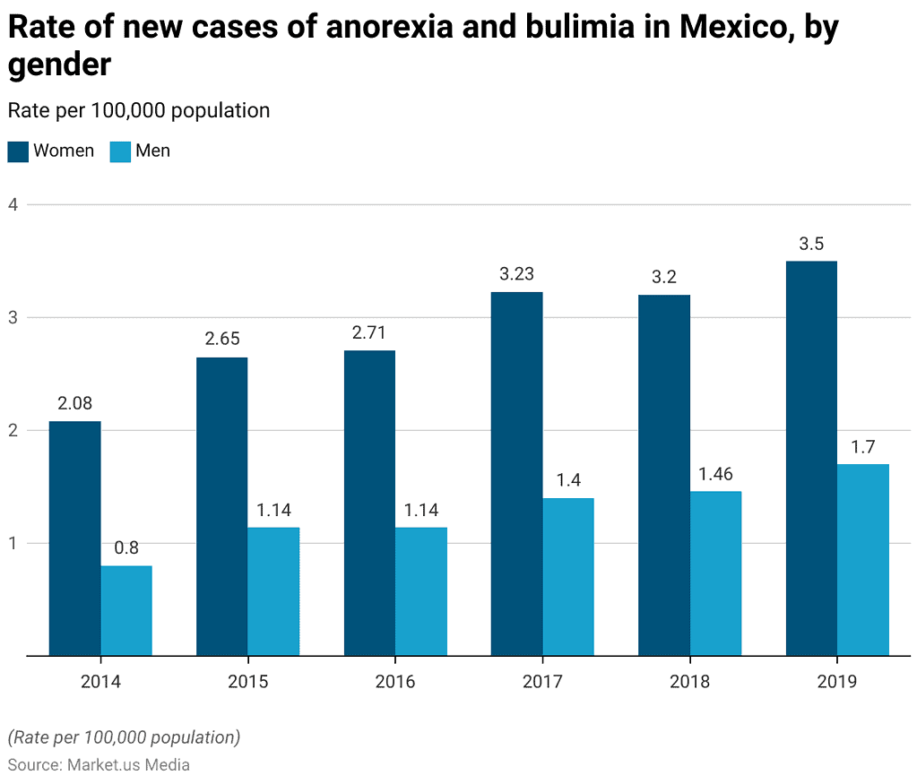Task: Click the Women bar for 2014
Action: click(74, 538)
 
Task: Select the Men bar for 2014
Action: click(126, 610)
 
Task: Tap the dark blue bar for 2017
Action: click(516, 473)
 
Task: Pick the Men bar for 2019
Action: click(863, 559)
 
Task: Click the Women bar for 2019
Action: click(811, 458)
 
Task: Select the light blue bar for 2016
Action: click(421, 591)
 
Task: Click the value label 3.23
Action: click(516, 274)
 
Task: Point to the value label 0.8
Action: click(126, 547)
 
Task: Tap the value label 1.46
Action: click(715, 473)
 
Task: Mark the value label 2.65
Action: click(221, 340)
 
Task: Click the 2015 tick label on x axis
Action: click(247, 682)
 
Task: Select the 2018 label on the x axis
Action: click(689, 682)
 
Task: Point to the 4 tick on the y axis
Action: click(13, 204)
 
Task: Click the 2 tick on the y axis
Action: click(13, 430)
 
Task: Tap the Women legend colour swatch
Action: click(18, 151)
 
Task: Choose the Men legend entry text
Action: click(152, 151)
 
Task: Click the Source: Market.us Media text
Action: click(99, 764)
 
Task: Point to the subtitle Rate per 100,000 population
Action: click(139, 110)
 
